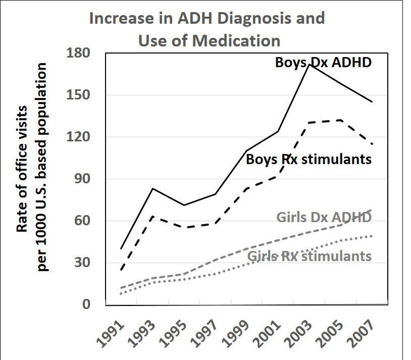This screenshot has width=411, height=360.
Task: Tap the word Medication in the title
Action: coord(236,41)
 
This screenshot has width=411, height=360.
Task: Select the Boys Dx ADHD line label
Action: coord(323,63)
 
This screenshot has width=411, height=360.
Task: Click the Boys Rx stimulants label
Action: coord(309,159)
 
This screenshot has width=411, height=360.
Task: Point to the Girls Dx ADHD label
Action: coord(324,218)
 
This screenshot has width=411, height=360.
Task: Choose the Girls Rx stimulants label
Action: coord(310,256)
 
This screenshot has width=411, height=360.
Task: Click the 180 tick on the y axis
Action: coord(78,53)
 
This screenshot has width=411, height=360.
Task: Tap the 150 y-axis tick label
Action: coord(78,94)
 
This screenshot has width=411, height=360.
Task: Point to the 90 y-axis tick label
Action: coord(82,179)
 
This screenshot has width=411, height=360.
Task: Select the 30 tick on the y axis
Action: coord(82,262)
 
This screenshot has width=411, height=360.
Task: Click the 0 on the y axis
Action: coord(86,304)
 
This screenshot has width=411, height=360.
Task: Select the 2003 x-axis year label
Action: coord(298,334)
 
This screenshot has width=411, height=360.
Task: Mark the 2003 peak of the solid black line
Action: coord(310,65)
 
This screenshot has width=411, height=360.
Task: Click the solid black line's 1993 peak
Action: coord(152,188)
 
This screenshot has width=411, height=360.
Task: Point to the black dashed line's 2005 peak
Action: coord(340,120)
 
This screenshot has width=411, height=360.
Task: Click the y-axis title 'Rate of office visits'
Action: coord(22,169)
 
